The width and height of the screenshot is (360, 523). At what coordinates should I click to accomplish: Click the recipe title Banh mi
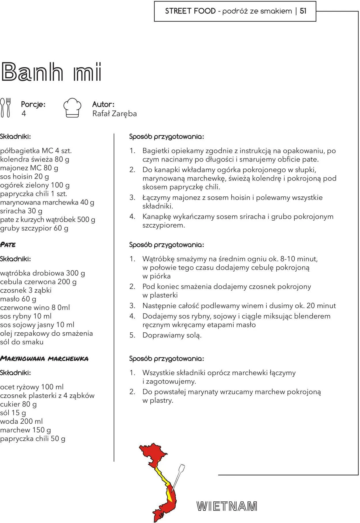pyautogui.click(x=51, y=71)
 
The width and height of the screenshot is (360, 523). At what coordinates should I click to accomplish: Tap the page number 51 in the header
pyautogui.click(x=303, y=11)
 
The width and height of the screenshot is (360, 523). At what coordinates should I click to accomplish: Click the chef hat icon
pyautogui.click(x=72, y=108)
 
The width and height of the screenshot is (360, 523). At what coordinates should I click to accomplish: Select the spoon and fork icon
pyautogui.click(x=5, y=108)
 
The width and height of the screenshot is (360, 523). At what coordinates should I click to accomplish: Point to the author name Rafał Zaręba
pyautogui.click(x=114, y=113)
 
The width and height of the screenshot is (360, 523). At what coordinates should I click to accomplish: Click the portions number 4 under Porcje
pyautogui.click(x=24, y=113)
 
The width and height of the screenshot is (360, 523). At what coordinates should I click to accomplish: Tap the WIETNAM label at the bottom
pyautogui.click(x=227, y=506)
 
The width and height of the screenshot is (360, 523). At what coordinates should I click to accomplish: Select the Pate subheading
pyautogui.click(x=8, y=245)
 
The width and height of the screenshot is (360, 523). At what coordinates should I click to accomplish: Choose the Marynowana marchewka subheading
pyautogui.click(x=44, y=359)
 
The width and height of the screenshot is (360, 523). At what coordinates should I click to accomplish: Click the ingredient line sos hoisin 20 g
pyautogui.click(x=24, y=177)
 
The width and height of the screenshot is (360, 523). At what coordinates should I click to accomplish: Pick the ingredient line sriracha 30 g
pyautogui.click(x=21, y=211)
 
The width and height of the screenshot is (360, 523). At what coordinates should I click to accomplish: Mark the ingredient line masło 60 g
pyautogui.click(x=18, y=299)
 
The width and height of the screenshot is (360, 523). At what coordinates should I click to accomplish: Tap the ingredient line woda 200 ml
pyautogui.click(x=21, y=421)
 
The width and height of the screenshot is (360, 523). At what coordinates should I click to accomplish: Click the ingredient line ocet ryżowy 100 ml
pyautogui.click(x=32, y=387)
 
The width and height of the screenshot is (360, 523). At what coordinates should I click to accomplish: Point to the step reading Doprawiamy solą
pyautogui.click(x=172, y=335)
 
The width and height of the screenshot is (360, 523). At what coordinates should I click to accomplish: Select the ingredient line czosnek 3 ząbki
pyautogui.click(x=26, y=290)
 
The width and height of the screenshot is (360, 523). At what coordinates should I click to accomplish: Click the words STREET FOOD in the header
pyautogui.click(x=190, y=11)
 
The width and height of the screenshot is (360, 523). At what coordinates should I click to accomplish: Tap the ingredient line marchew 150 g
pyautogui.click(x=25, y=430)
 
